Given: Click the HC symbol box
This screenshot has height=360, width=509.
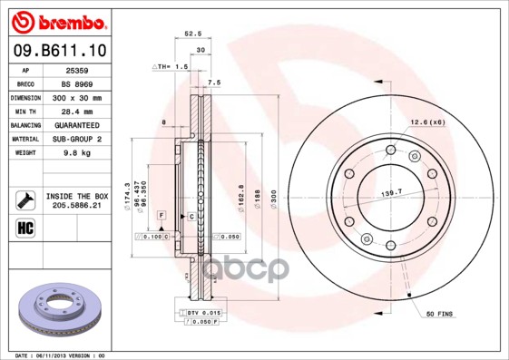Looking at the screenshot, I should click(x=24, y=226).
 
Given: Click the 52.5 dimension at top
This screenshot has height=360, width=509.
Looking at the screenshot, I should click(x=192, y=34).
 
